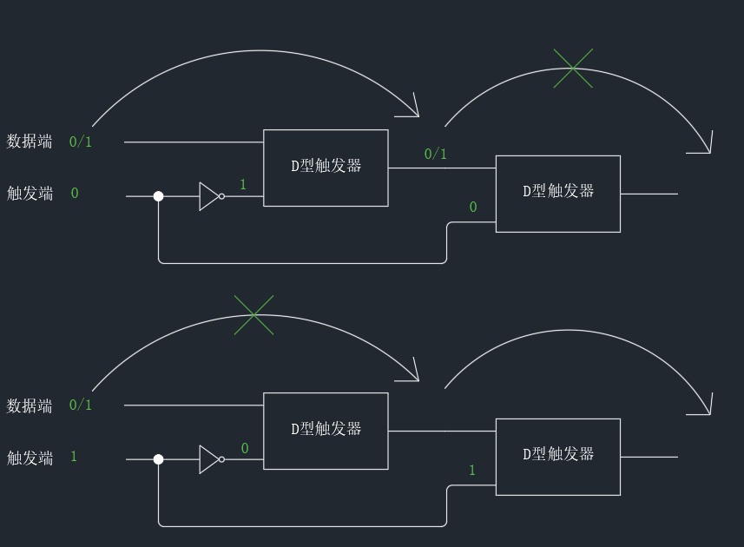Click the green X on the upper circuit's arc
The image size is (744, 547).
573,68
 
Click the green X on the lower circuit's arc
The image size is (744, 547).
253,314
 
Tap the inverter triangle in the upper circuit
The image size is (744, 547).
210,196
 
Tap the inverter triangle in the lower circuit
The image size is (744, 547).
210,459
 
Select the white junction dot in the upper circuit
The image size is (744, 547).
158,196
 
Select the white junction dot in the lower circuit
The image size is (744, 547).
158,459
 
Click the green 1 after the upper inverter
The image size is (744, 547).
243,185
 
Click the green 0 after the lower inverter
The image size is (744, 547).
245,449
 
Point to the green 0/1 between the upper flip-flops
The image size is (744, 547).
436,155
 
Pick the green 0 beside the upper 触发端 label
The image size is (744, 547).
75,194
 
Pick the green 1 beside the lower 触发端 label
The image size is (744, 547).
74,457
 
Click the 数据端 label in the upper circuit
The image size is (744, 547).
30,142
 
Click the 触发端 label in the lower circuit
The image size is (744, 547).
30,458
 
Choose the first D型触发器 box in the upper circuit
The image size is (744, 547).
326,168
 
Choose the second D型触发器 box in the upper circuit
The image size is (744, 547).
557,194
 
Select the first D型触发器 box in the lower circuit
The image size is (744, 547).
326,431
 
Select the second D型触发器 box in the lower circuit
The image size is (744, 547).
557,457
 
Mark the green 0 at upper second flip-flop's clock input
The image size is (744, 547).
473,208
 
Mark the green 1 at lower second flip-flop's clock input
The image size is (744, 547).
472,471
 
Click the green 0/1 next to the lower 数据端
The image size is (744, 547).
81,405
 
